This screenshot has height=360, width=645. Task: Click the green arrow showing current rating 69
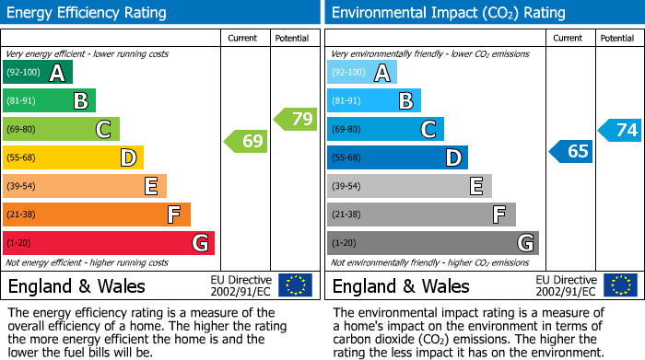click(246, 142)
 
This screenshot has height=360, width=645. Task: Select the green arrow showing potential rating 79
click(296, 119)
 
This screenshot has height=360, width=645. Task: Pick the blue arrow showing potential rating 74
click(619, 130)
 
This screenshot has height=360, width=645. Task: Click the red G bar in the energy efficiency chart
click(109, 243)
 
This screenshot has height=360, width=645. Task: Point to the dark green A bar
click(38, 73)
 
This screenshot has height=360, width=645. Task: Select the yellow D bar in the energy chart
click(73, 157)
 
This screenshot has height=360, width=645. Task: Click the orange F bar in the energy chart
click(97, 215)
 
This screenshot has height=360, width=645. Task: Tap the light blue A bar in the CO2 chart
click(362, 73)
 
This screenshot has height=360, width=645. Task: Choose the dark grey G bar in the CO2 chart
click(432, 243)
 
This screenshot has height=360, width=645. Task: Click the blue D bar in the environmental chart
click(397, 157)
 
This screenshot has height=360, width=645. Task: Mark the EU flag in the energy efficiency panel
click(295, 285)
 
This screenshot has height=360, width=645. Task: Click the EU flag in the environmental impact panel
click(619, 285)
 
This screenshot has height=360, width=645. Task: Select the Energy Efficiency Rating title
click(88, 13)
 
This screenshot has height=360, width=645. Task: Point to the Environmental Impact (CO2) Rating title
click(447, 13)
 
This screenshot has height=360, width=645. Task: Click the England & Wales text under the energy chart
click(76, 285)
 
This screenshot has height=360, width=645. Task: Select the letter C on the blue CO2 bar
click(428, 130)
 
